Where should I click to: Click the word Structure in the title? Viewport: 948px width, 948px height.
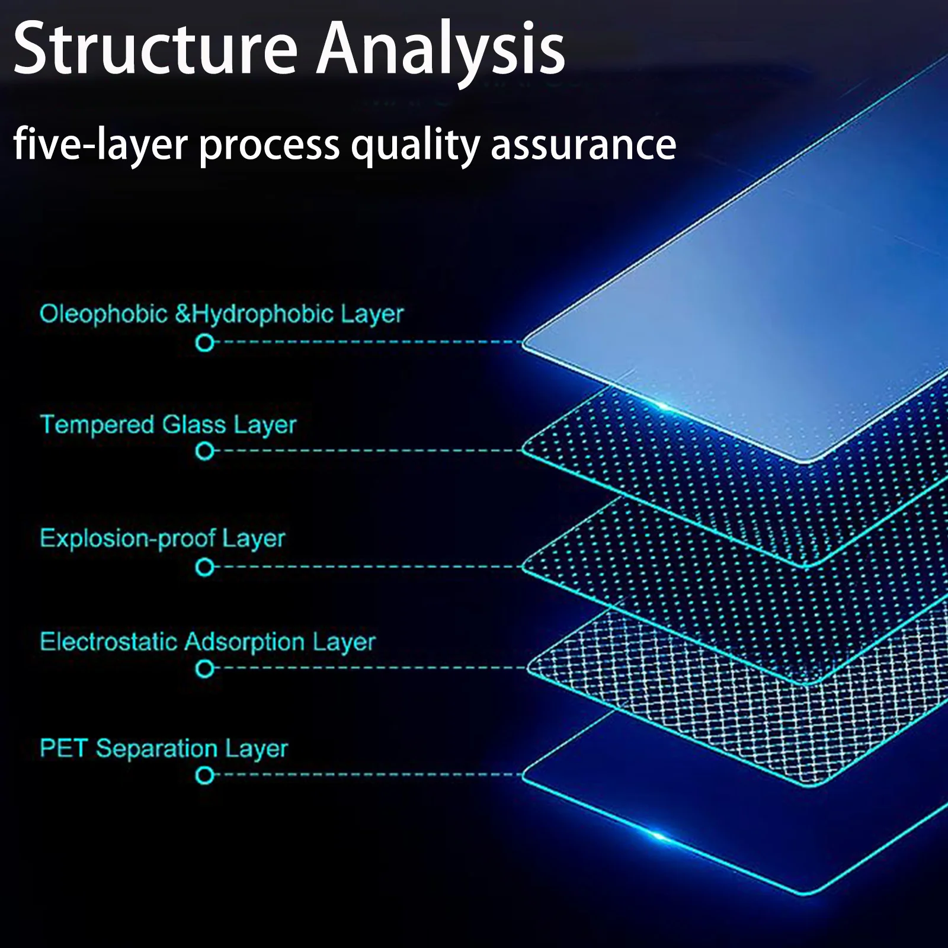(155, 49)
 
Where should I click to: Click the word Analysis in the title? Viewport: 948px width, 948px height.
(441, 49)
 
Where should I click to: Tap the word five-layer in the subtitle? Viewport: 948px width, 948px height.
(100, 145)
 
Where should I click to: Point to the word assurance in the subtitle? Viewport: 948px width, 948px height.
(584, 145)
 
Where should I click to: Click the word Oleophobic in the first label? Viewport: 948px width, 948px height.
(103, 314)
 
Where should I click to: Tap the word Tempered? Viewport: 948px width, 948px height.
(97, 425)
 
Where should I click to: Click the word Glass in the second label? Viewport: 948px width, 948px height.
(194, 425)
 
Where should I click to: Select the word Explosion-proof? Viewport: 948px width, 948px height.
(127, 539)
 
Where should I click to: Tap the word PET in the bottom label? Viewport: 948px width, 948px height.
(63, 748)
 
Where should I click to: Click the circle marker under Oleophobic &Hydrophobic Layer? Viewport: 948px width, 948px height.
(205, 342)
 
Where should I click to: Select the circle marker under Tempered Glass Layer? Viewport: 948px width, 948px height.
(205, 451)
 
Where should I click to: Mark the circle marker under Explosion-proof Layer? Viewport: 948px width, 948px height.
(205, 568)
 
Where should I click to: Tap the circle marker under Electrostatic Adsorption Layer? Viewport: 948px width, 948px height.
(205, 670)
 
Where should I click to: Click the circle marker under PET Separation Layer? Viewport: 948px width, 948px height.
(205, 775)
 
